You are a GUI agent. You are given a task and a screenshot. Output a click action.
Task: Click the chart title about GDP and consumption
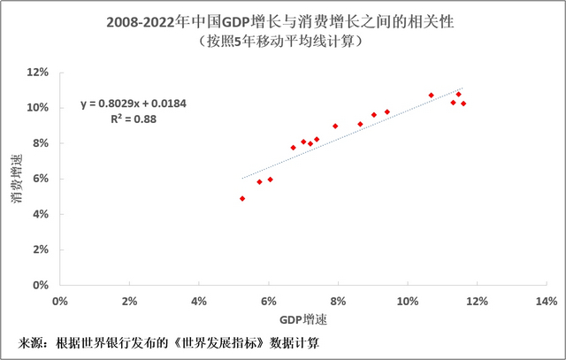[x=283, y=20]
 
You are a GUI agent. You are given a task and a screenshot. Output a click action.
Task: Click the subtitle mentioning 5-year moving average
[x=283, y=41]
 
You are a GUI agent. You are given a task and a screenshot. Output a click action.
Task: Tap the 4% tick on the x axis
[x=199, y=301]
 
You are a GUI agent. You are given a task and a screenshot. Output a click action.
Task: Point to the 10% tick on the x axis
[x=407, y=301]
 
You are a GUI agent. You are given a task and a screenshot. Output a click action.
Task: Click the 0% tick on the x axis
[x=60, y=301]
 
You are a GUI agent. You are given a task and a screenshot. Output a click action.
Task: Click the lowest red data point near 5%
[x=242, y=198]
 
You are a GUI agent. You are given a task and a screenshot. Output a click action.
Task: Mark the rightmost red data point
[x=463, y=103]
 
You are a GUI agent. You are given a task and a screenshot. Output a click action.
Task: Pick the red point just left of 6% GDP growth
[x=259, y=181]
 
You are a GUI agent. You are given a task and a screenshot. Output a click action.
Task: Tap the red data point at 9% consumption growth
[x=335, y=126]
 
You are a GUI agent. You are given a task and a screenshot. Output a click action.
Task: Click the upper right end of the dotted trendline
[x=462, y=88]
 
